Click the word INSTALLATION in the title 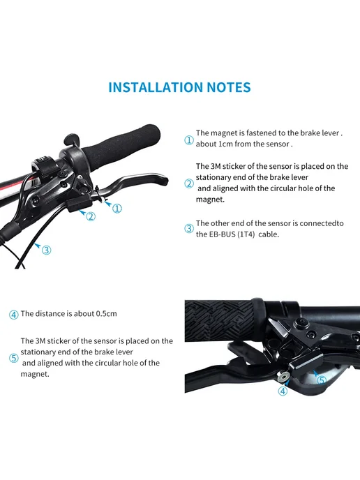tap(156, 87)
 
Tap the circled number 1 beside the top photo tap(117, 209)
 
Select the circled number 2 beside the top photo tap(91, 216)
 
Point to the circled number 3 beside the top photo tap(46, 250)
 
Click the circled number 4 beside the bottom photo tap(283, 391)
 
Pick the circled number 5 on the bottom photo tap(321, 380)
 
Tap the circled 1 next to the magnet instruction tap(189, 140)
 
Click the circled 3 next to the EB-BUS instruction tap(189, 229)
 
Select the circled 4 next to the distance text tap(14, 315)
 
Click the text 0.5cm tap(106, 314)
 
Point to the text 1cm tap(225, 144)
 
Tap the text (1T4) tap(246, 234)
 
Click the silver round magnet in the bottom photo tap(282, 376)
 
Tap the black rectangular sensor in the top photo tap(80, 204)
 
